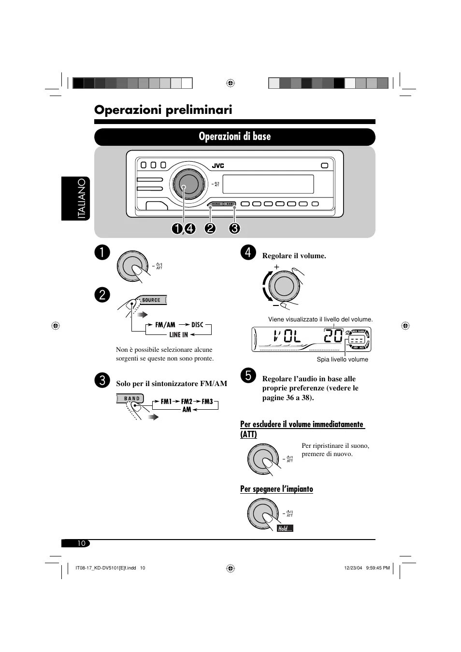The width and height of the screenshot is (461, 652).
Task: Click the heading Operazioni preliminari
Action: tap(163, 110)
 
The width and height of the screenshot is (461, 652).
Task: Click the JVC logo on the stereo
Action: tap(218, 166)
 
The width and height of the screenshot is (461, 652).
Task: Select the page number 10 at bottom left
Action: tap(81, 543)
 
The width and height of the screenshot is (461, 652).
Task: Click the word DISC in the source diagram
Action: tap(197, 325)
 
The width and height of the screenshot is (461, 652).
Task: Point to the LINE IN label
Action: tap(178, 334)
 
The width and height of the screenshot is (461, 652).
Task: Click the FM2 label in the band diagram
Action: tap(187, 402)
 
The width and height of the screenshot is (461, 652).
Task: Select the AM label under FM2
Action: tap(187, 410)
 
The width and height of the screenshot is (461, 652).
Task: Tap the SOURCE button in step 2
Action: tap(151, 300)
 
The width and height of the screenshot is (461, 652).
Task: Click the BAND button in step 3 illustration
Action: tap(131, 399)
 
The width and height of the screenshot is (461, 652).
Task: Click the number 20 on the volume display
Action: tap(333, 335)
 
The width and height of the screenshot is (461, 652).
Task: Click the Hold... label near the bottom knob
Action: tap(285, 529)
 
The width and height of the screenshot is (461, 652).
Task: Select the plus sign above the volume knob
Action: tap(277, 267)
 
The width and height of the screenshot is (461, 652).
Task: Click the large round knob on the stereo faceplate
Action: tap(185, 184)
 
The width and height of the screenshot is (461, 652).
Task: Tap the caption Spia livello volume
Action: tap(342, 360)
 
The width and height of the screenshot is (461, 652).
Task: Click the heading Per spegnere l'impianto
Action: tap(276, 489)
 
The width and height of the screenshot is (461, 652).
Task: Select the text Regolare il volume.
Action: tap(294, 256)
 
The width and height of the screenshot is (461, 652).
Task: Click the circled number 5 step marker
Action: tap(247, 375)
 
